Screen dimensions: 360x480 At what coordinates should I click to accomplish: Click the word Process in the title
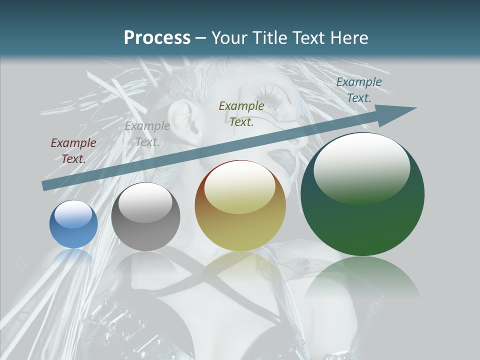click(x=157, y=38)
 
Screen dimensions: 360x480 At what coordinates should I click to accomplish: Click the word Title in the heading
click(x=269, y=38)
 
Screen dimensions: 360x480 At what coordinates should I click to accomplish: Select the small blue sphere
click(x=73, y=224)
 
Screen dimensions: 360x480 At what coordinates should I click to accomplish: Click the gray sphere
click(x=145, y=217)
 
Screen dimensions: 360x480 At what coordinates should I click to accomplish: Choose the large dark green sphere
click(x=362, y=195)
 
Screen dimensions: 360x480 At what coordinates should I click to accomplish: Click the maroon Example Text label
click(x=73, y=150)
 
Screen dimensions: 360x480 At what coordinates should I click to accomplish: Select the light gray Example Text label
click(x=147, y=133)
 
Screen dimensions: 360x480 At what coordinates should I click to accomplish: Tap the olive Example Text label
click(x=241, y=113)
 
